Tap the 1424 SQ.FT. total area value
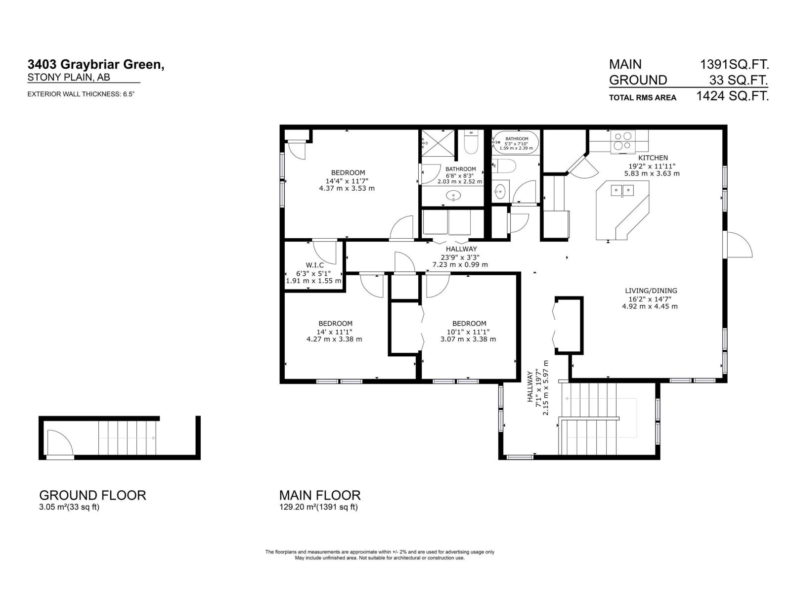tap(733, 96)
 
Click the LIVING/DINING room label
tap(651, 291)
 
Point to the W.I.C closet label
tap(314, 265)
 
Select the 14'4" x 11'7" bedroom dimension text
tap(348, 180)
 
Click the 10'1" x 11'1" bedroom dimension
tap(468, 332)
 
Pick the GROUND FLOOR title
tap(92, 495)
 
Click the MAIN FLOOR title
tap(320, 495)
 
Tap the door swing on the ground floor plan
tap(60, 443)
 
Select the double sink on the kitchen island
tap(622, 190)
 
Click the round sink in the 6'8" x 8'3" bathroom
tap(454, 196)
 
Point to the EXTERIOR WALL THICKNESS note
tap(81, 94)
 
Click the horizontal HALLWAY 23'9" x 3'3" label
tap(461, 256)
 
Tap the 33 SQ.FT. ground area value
tap(739, 80)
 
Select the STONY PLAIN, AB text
tap(69, 78)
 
